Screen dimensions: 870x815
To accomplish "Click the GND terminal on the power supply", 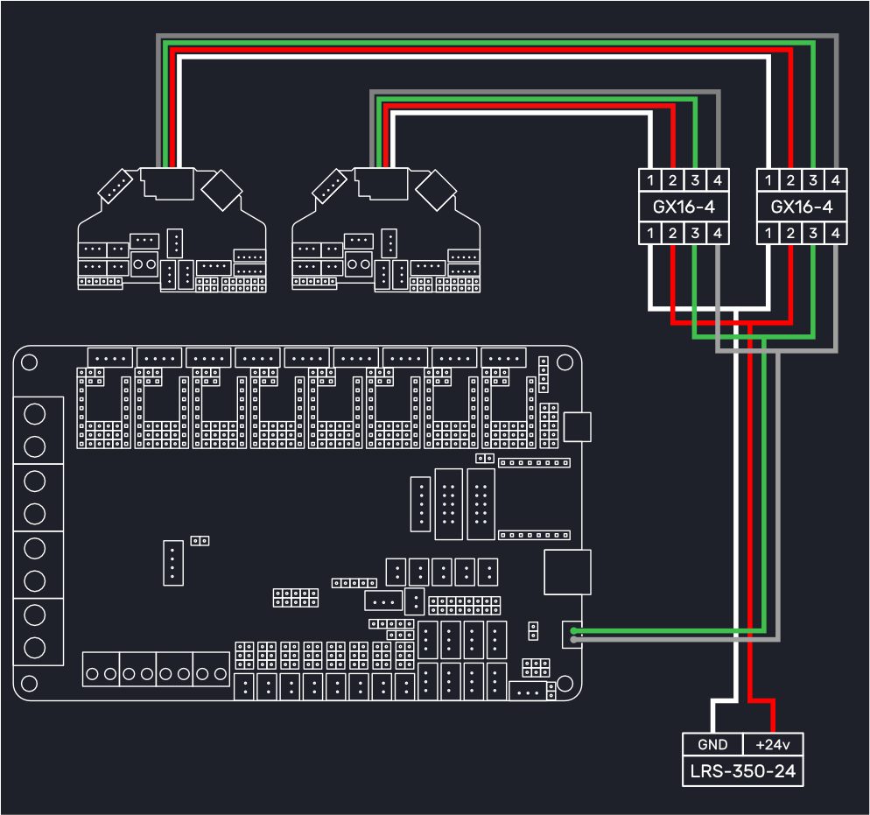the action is click(x=712, y=745).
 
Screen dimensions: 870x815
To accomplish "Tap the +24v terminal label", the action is click(x=773, y=745).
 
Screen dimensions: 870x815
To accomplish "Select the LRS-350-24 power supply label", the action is click(x=743, y=771).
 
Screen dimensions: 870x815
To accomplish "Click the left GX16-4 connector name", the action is click(x=684, y=207).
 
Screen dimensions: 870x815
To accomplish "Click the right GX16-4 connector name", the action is click(x=802, y=207).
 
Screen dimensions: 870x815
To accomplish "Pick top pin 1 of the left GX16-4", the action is click(x=650, y=180).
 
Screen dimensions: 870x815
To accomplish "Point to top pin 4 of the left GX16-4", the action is click(x=718, y=180).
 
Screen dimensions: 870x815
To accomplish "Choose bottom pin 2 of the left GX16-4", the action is click(x=672, y=233).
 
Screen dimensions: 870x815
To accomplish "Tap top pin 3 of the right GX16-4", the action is click(x=813, y=180).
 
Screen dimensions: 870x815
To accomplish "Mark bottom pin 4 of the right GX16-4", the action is click(x=836, y=233).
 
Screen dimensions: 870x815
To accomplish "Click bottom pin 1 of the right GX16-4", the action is click(x=768, y=233).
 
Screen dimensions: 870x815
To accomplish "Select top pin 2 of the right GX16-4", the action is click(x=790, y=180).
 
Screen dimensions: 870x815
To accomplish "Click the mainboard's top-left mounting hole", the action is click(x=29, y=362).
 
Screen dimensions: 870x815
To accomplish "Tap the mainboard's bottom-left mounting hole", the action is click(x=29, y=684).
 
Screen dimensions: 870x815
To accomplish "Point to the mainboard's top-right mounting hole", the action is click(x=565, y=362).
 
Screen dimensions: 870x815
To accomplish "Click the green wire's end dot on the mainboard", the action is click(x=573, y=631).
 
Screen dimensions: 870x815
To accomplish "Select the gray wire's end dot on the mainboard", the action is click(x=573, y=640).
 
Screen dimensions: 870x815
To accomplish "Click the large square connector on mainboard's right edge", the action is click(x=567, y=572).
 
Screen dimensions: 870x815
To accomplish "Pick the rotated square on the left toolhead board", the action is click(x=221, y=190).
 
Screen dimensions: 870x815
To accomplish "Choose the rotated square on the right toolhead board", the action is click(x=436, y=190).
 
